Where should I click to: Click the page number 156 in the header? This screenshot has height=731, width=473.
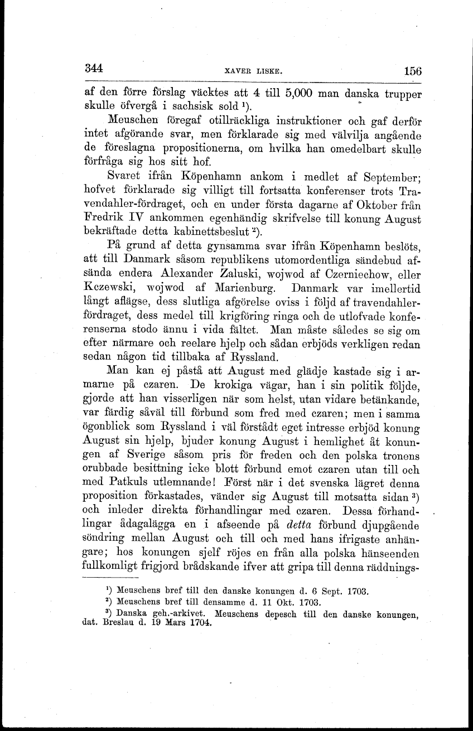point(412,71)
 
